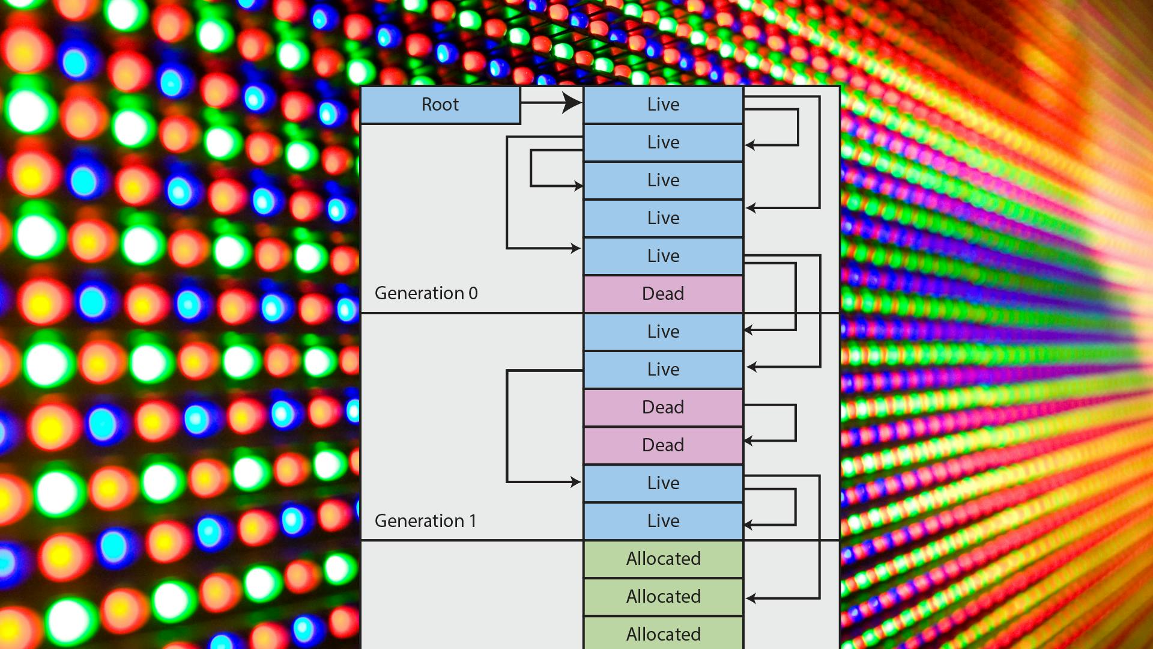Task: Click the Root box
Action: tap(440, 105)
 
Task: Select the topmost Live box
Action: tap(663, 105)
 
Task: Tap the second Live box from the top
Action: tap(663, 143)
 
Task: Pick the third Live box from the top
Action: tap(663, 181)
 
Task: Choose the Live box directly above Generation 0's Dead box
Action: tap(663, 257)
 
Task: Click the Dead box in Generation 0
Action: tap(663, 294)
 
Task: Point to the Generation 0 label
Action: tap(426, 293)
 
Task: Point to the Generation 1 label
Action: tap(425, 521)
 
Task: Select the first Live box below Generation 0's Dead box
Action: tap(663, 332)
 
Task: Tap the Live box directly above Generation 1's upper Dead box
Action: tap(663, 370)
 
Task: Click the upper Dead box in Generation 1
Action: tap(663, 408)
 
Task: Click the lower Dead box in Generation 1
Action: tap(663, 446)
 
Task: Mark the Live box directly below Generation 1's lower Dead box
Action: tap(663, 484)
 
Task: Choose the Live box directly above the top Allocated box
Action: tap(663, 522)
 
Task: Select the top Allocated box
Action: tap(663, 559)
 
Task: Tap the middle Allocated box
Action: tap(663, 597)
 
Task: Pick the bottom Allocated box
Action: tap(663, 635)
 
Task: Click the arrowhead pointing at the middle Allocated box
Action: tap(751, 598)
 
